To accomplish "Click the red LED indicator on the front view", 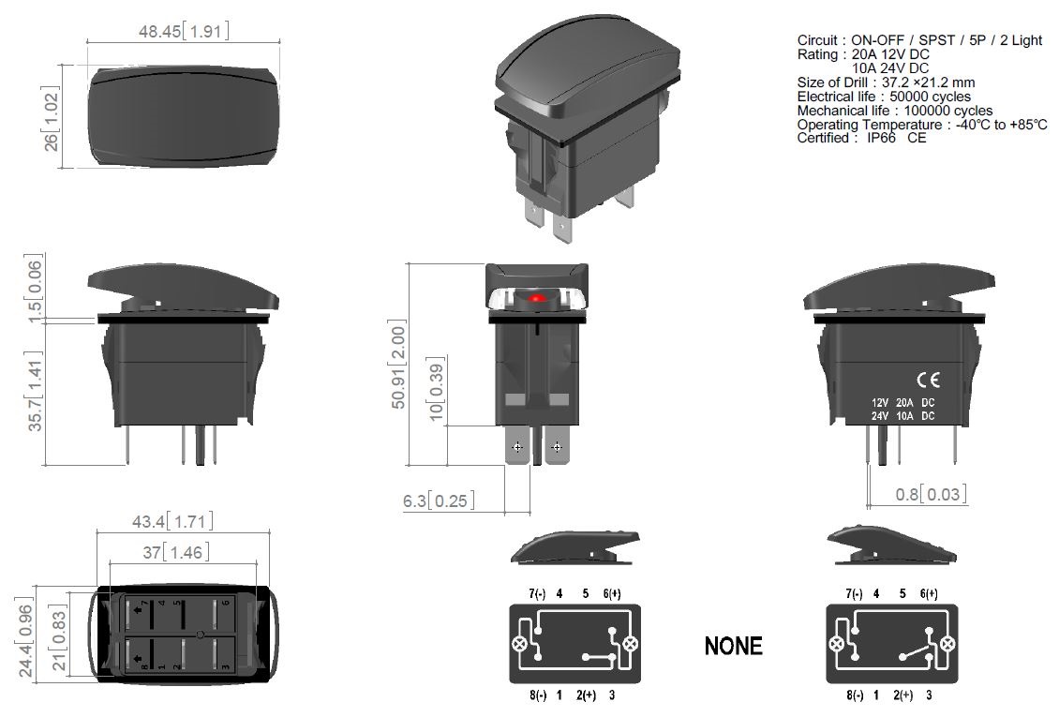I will click(x=537, y=298).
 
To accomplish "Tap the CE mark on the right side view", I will click(x=927, y=380).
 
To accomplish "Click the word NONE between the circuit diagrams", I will click(x=733, y=646).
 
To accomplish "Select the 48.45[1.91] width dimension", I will click(x=183, y=31).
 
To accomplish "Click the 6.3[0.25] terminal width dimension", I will click(x=439, y=500).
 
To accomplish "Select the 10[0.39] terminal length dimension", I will click(x=435, y=389).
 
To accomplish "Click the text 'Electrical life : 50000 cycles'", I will click(x=884, y=97).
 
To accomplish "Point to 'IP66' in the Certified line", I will click(x=881, y=138).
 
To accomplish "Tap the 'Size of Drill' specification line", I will click(x=886, y=82).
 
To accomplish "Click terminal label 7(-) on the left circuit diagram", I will click(x=537, y=593).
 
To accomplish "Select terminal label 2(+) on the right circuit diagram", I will click(x=902, y=695).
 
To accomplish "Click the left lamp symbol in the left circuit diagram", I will click(x=518, y=644).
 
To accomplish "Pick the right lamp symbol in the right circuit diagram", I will click(x=947, y=644).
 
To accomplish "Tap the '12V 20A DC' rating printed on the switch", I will click(x=902, y=402).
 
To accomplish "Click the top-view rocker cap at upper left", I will click(x=183, y=116).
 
